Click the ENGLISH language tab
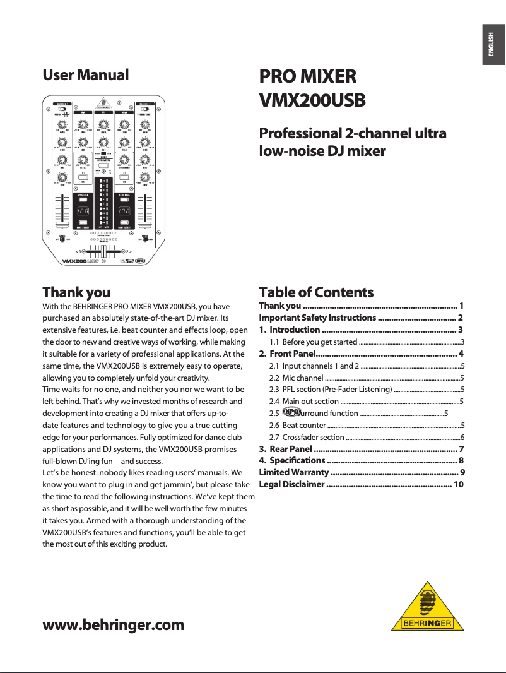pyautogui.click(x=493, y=45)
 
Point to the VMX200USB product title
pyautogui.click(x=313, y=102)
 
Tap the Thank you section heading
pyautogui.click(x=76, y=292)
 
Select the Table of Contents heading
pyautogui.click(x=316, y=292)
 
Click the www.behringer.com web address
pyautogui.click(x=114, y=625)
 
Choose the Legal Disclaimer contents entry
pyautogui.click(x=292, y=484)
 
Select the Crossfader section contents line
pyautogui.click(x=313, y=437)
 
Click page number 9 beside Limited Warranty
pyautogui.click(x=462, y=472)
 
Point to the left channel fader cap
pyautogui.click(x=62, y=224)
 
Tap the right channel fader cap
pyautogui.click(x=146, y=224)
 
